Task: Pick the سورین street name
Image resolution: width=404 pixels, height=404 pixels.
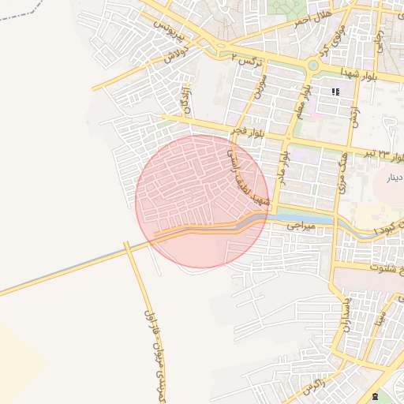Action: (x=260, y=85)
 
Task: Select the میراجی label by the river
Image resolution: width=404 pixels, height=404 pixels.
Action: (x=300, y=226)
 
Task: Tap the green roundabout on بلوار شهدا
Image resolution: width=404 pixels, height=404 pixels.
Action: (x=313, y=65)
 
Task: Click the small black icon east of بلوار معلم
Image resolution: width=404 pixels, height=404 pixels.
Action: (x=336, y=92)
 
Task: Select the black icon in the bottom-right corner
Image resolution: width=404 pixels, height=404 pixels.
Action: (x=373, y=396)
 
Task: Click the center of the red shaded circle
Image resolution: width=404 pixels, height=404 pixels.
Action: (x=203, y=201)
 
